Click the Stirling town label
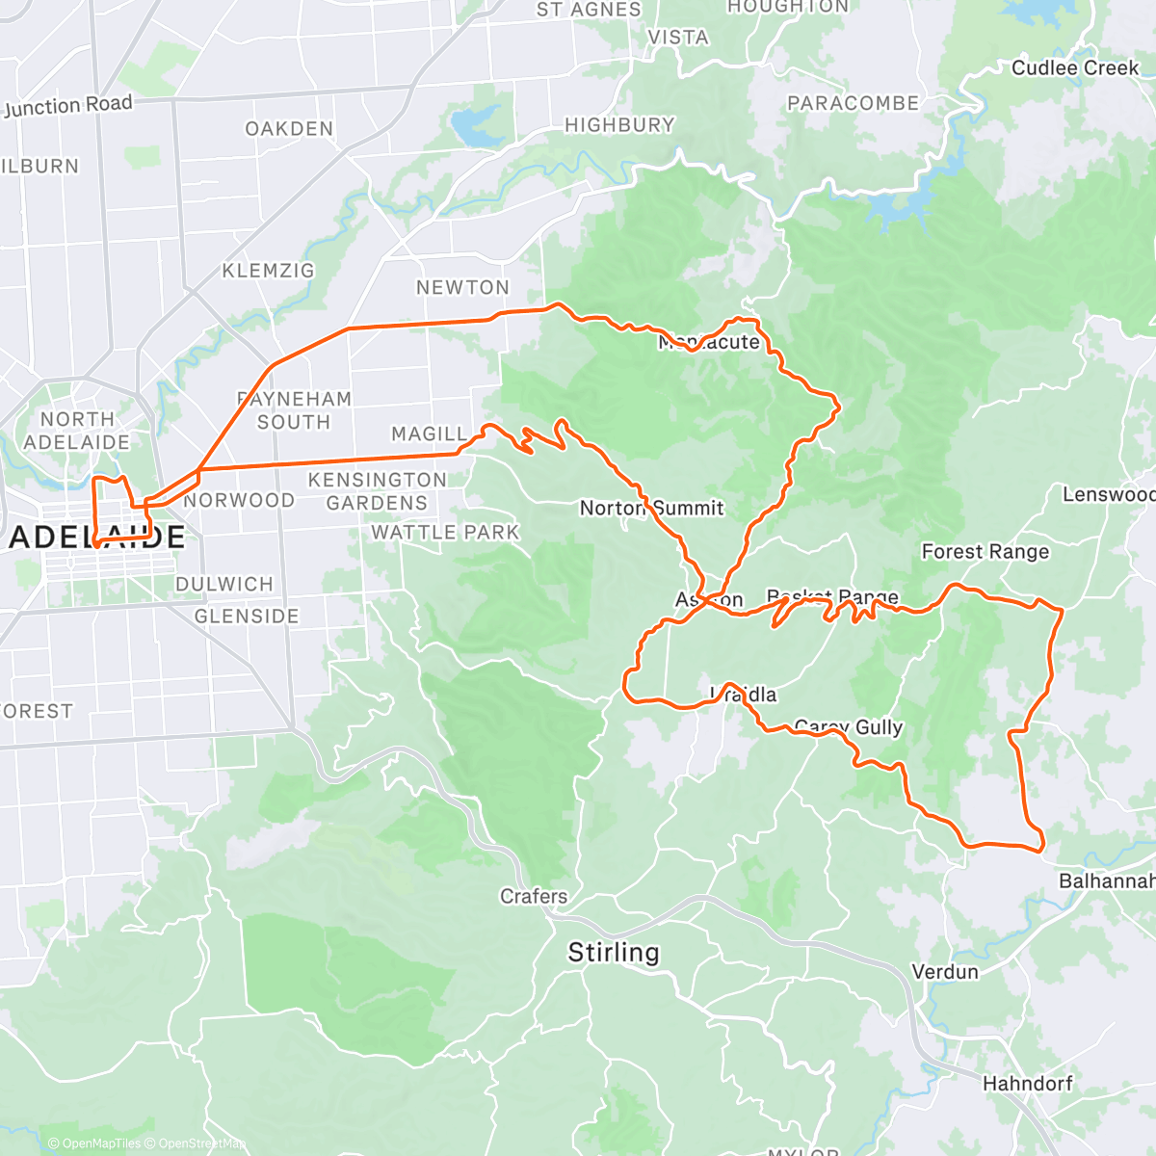click(614, 953)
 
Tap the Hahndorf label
click(1027, 1084)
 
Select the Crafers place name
click(534, 896)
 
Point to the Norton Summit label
click(651, 508)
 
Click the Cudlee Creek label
click(1075, 67)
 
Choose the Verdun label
click(945, 971)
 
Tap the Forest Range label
click(985, 551)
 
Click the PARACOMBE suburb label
click(853, 103)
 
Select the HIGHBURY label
click(619, 124)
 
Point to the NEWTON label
click(462, 287)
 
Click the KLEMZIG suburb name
click(268, 271)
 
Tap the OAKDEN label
click(289, 128)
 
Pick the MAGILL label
click(429, 434)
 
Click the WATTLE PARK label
click(445, 532)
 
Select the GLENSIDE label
click(247, 616)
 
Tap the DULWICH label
click(224, 584)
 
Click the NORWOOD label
click(239, 500)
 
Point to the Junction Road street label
click(67, 106)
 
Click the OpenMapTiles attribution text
click(100, 1143)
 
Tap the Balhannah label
click(1106, 880)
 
